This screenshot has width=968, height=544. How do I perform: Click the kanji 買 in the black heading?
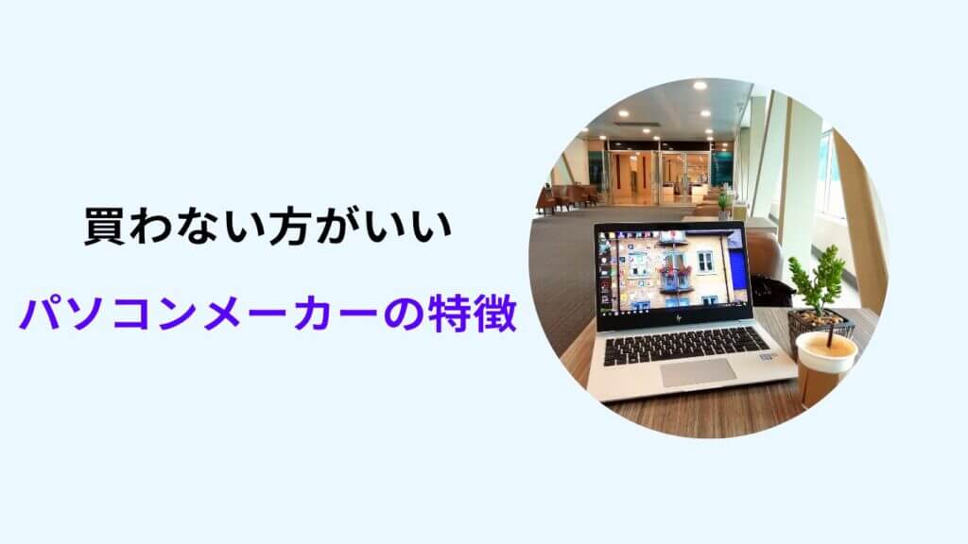click(x=103, y=227)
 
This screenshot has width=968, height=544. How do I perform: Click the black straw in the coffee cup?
click(x=831, y=333)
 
